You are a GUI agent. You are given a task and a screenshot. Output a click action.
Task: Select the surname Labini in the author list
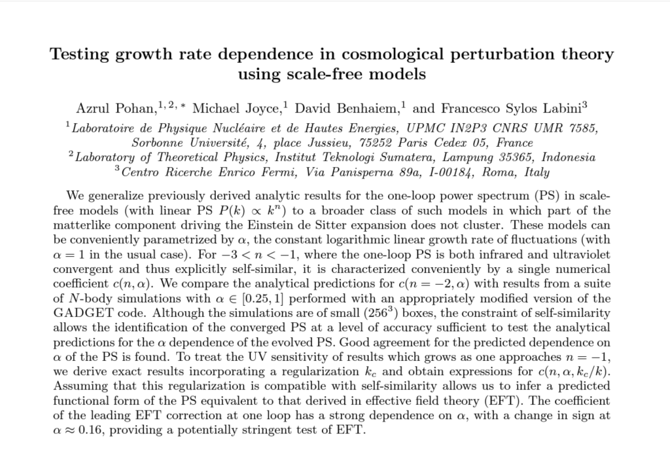[554, 107]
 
